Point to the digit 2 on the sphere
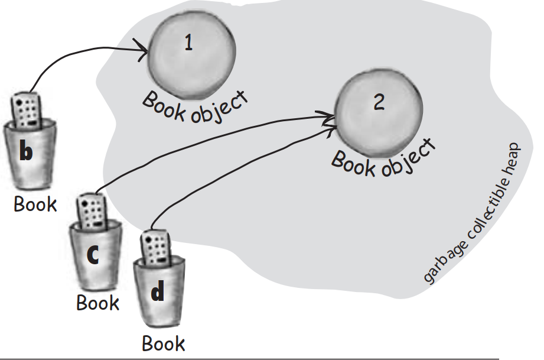tap(379, 103)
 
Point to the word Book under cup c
tap(97, 303)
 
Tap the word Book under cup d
tap(163, 343)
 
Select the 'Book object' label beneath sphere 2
tap(383, 158)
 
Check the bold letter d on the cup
tap(157, 293)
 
